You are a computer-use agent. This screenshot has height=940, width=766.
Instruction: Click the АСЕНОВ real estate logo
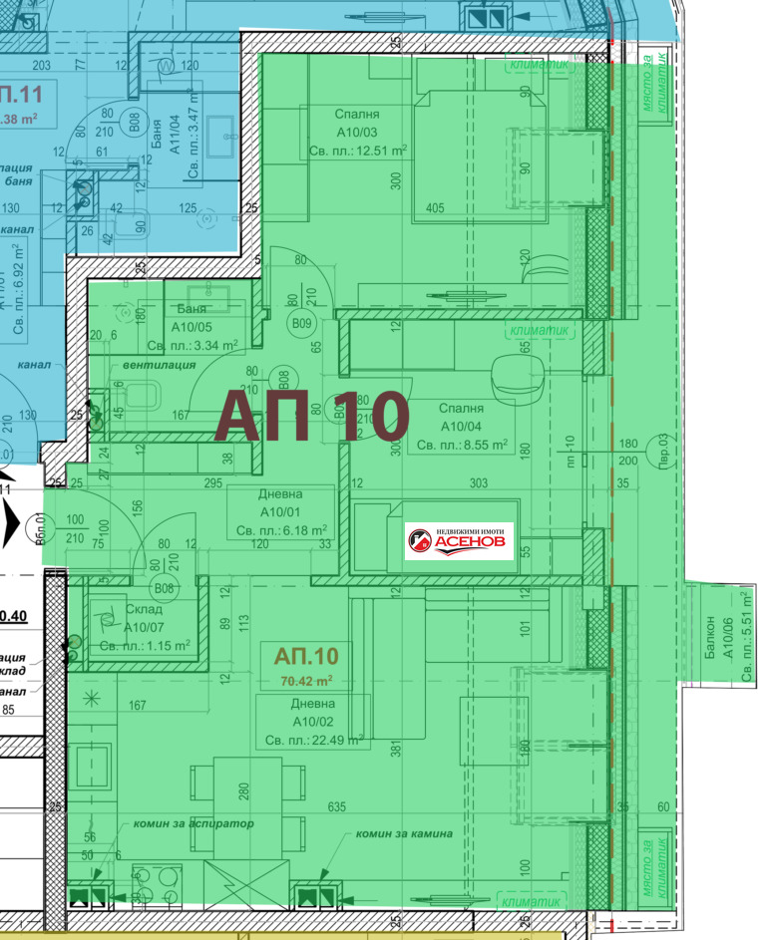pyautogui.click(x=459, y=541)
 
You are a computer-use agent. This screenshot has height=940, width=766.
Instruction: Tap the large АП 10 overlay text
pyautogui.click(x=312, y=415)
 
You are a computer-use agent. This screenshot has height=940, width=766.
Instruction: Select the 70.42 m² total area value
pyautogui.click(x=306, y=682)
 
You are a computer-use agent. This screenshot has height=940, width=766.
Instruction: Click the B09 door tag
pyautogui.click(x=301, y=323)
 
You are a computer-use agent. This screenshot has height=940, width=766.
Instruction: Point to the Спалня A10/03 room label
pyautogui.click(x=357, y=133)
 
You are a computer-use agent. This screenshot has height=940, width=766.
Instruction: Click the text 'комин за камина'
pyautogui.click(x=405, y=833)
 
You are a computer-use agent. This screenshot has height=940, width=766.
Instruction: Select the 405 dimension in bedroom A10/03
pyautogui.click(x=434, y=208)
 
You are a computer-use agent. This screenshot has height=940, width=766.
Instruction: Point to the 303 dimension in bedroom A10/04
pyautogui.click(x=478, y=482)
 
